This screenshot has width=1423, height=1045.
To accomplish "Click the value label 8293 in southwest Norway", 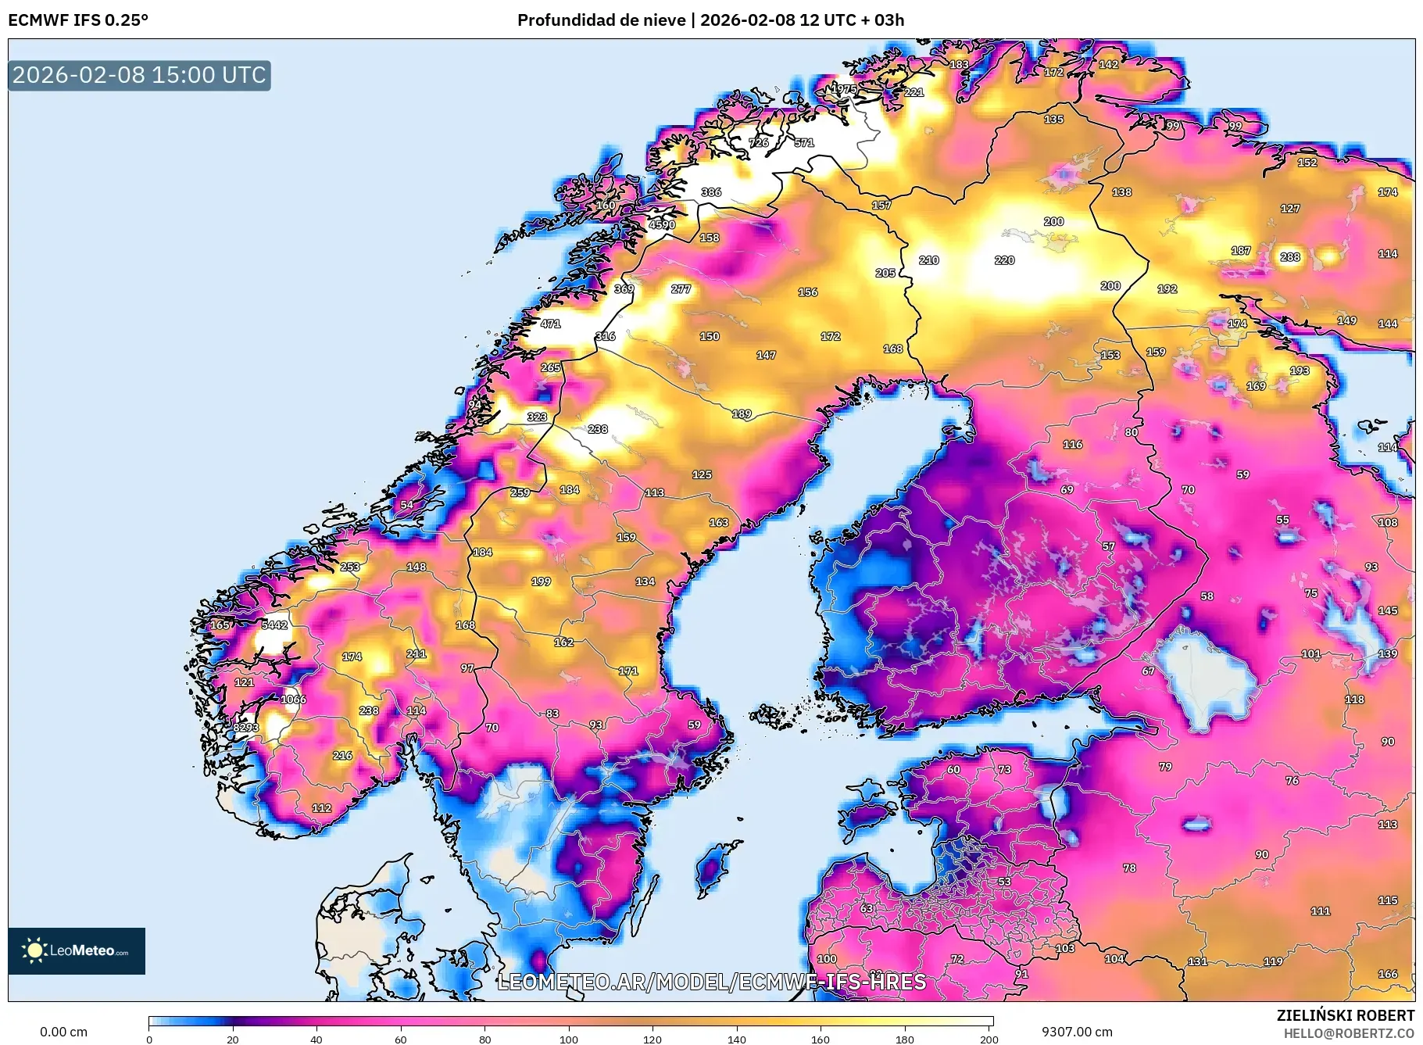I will tap(245, 728).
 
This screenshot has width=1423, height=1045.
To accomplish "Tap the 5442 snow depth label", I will tap(274, 624).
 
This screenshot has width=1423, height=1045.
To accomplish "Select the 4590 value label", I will tap(662, 224).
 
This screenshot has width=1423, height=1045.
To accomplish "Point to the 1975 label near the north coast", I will tap(843, 89).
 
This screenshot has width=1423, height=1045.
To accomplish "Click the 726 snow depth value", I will tap(759, 142).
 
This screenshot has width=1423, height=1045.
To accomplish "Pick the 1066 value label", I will tap(294, 700).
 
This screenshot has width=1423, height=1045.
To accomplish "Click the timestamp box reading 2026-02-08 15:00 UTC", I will tap(139, 75).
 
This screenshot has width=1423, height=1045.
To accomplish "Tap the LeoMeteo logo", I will tap(77, 950).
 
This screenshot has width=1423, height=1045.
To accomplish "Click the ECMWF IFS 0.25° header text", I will tap(78, 20).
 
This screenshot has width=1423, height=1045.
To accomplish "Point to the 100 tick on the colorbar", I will tap(569, 1040).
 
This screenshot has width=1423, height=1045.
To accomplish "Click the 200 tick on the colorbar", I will tap(989, 1040).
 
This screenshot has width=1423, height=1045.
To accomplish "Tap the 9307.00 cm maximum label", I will tap(1077, 1032).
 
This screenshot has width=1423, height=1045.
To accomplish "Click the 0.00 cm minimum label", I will tap(63, 1032).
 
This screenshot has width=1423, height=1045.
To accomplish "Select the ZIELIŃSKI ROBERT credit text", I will tap(1346, 1015).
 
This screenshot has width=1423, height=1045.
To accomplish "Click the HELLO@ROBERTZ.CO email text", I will tap(1349, 1033).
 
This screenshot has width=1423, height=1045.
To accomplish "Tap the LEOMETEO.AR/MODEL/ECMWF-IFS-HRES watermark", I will tap(711, 982).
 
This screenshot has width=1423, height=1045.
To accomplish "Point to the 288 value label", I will tap(1290, 256).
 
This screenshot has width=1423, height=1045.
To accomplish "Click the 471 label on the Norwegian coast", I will tap(550, 324).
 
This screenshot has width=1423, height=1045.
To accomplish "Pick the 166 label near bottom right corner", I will tap(1388, 974).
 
